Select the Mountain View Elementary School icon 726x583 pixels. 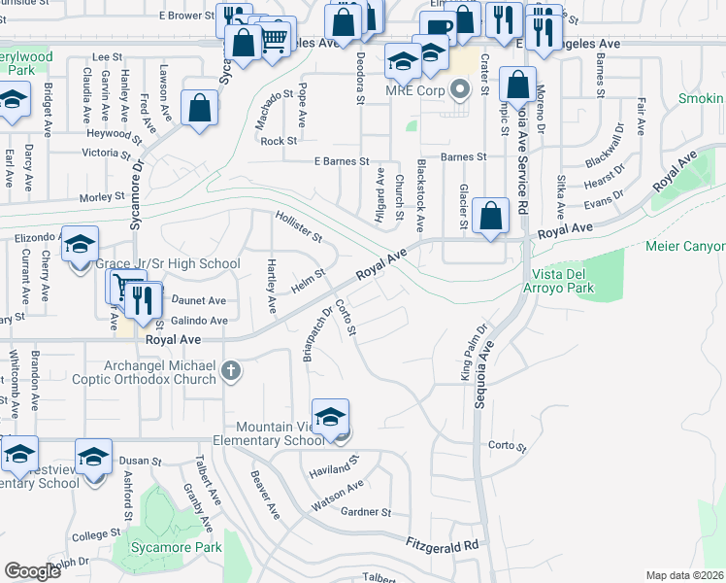[331, 416]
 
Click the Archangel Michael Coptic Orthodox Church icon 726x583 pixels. [230, 370]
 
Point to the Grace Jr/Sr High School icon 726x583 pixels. [81, 245]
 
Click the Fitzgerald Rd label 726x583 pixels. [443, 546]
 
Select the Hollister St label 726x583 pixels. [299, 227]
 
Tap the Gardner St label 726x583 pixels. [366, 512]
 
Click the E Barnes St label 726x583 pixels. [342, 161]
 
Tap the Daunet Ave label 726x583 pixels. [199, 301]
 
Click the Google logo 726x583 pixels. [32, 571]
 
